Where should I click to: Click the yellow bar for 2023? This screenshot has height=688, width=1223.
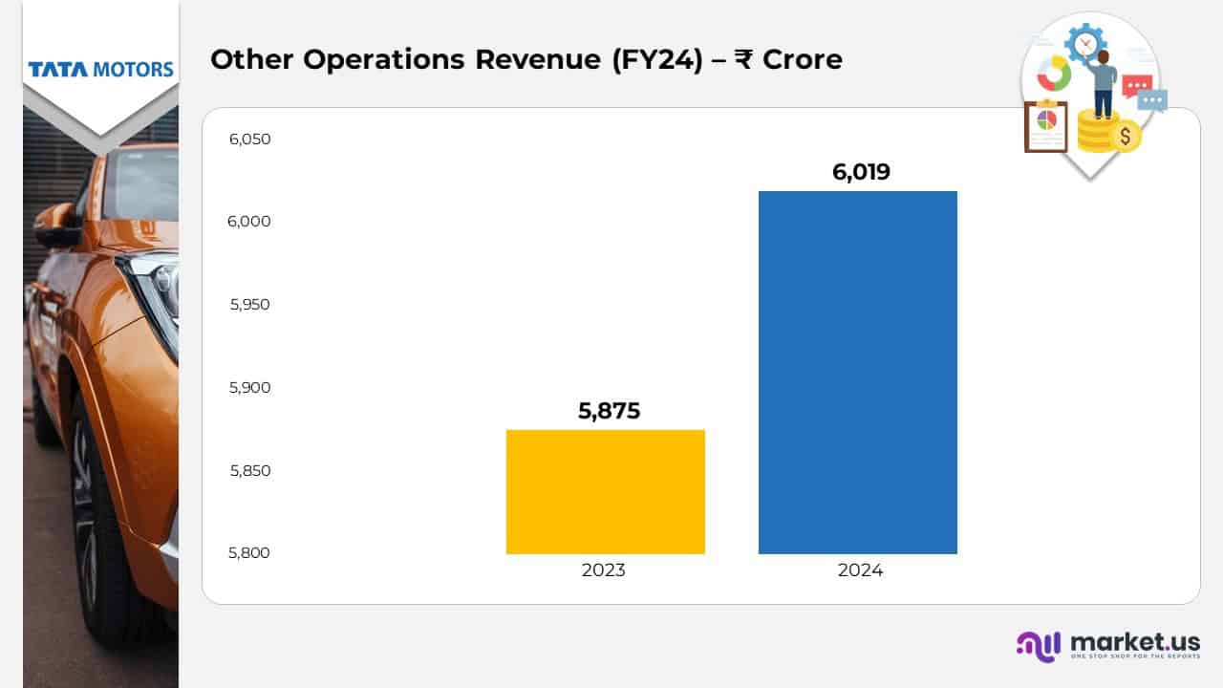605,492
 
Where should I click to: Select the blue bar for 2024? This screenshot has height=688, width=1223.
857,373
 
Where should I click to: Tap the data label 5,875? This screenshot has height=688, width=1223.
609,411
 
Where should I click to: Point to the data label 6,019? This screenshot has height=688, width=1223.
861,172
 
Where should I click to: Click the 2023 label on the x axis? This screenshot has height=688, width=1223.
604,570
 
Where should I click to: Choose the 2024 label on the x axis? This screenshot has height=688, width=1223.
860,570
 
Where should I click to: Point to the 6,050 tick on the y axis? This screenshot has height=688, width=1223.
250,140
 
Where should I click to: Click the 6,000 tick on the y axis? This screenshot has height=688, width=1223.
250,222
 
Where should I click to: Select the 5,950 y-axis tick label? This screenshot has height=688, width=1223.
250,305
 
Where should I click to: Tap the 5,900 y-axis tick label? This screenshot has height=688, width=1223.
250,388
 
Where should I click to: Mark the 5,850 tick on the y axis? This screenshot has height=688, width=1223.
250,470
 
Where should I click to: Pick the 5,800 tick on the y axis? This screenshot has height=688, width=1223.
250,553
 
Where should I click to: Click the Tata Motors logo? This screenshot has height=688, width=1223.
100,70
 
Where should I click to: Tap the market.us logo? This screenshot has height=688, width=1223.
1108,645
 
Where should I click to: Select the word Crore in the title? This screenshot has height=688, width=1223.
802,59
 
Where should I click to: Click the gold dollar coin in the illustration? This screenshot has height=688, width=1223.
1126,137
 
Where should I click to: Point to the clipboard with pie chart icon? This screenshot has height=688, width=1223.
1046,125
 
